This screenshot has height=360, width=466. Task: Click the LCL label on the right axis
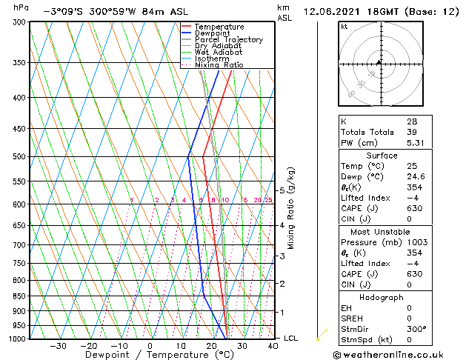[x=291, y=339]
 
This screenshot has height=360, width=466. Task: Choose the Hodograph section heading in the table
[x=382, y=297]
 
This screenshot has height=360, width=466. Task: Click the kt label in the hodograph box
[x=344, y=27]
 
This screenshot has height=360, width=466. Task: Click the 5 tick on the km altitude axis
[x=282, y=190]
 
